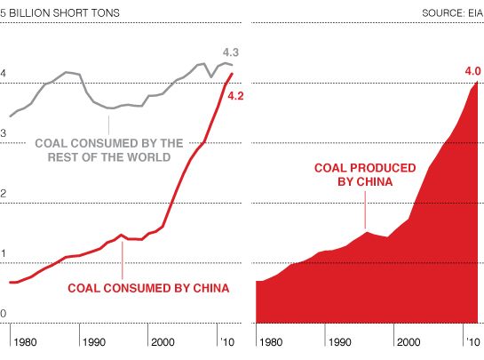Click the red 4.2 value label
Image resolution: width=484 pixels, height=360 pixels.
(235, 95)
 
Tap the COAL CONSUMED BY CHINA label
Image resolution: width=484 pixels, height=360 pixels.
(148, 288)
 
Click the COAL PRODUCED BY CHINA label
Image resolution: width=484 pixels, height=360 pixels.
(366, 174)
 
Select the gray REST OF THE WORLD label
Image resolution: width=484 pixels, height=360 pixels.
(109, 149)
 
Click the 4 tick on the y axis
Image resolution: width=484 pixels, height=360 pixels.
(4, 74)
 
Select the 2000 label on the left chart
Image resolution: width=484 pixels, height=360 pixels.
(163, 341)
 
